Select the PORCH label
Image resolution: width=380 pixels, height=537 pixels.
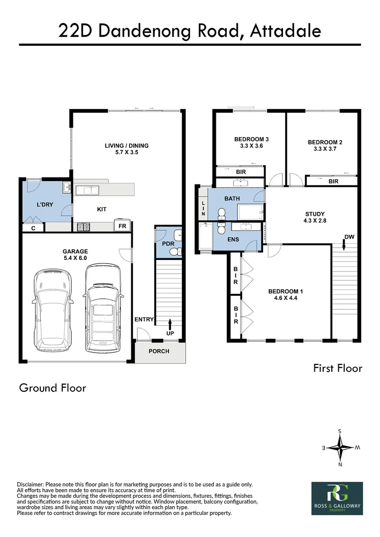[x=159, y=352]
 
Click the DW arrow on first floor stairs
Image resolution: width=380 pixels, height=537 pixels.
[x=344, y=243]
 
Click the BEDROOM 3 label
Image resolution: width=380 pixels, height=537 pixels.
[x=251, y=143]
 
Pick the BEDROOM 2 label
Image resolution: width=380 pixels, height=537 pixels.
[x=325, y=145]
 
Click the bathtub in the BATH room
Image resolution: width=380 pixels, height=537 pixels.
[x=251, y=213]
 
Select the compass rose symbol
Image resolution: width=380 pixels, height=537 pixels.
[x=340, y=447]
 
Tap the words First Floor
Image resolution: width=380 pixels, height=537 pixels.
[x=337, y=368]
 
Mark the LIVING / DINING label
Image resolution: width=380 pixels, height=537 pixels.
[x=126, y=149]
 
